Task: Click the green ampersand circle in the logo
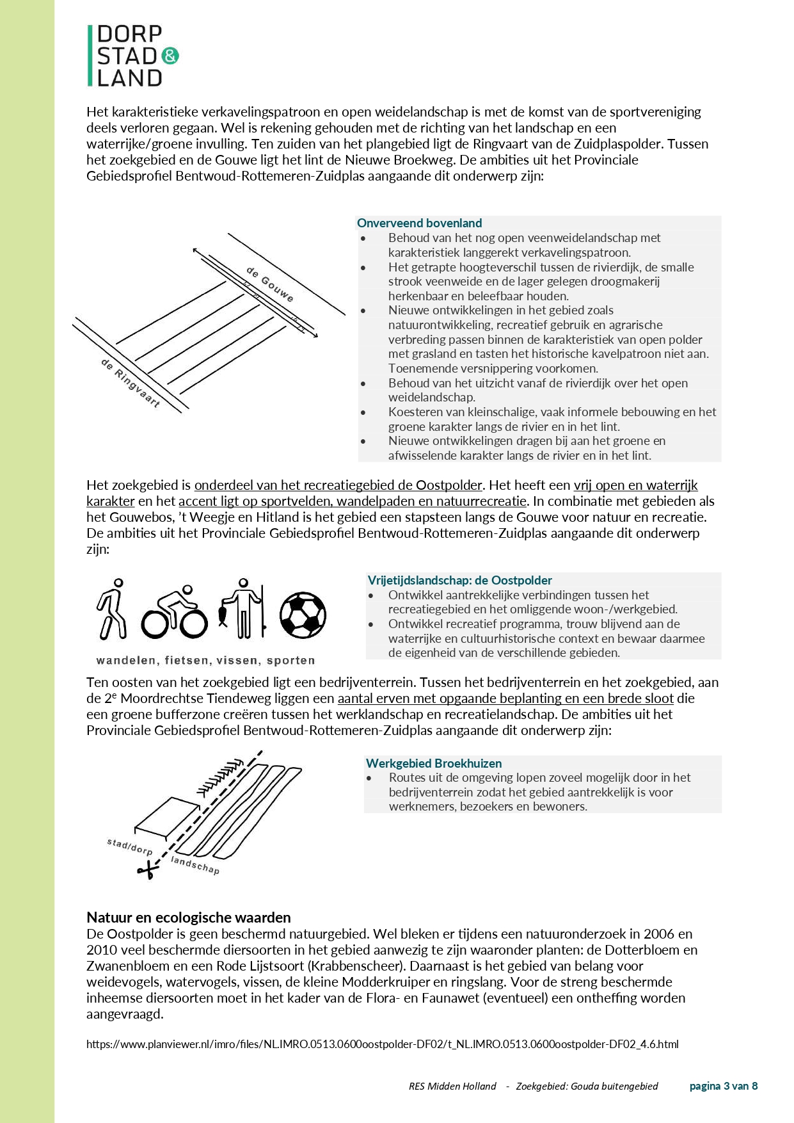tap(170, 56)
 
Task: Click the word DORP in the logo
tap(129, 34)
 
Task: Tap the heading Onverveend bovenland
tap(419, 223)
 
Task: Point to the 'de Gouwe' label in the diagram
tap(271, 284)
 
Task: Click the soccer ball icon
tap(303, 615)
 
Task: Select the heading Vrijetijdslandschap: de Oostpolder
tap(459, 580)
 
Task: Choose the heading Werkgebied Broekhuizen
tap(434, 763)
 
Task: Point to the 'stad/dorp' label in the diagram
tap(130, 847)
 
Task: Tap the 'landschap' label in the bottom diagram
tap(195, 865)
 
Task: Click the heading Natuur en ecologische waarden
tap(189, 917)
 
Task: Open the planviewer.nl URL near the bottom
tap(382, 1044)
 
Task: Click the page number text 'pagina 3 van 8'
tap(723, 1086)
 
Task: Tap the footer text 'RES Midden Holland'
tap(452, 1086)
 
